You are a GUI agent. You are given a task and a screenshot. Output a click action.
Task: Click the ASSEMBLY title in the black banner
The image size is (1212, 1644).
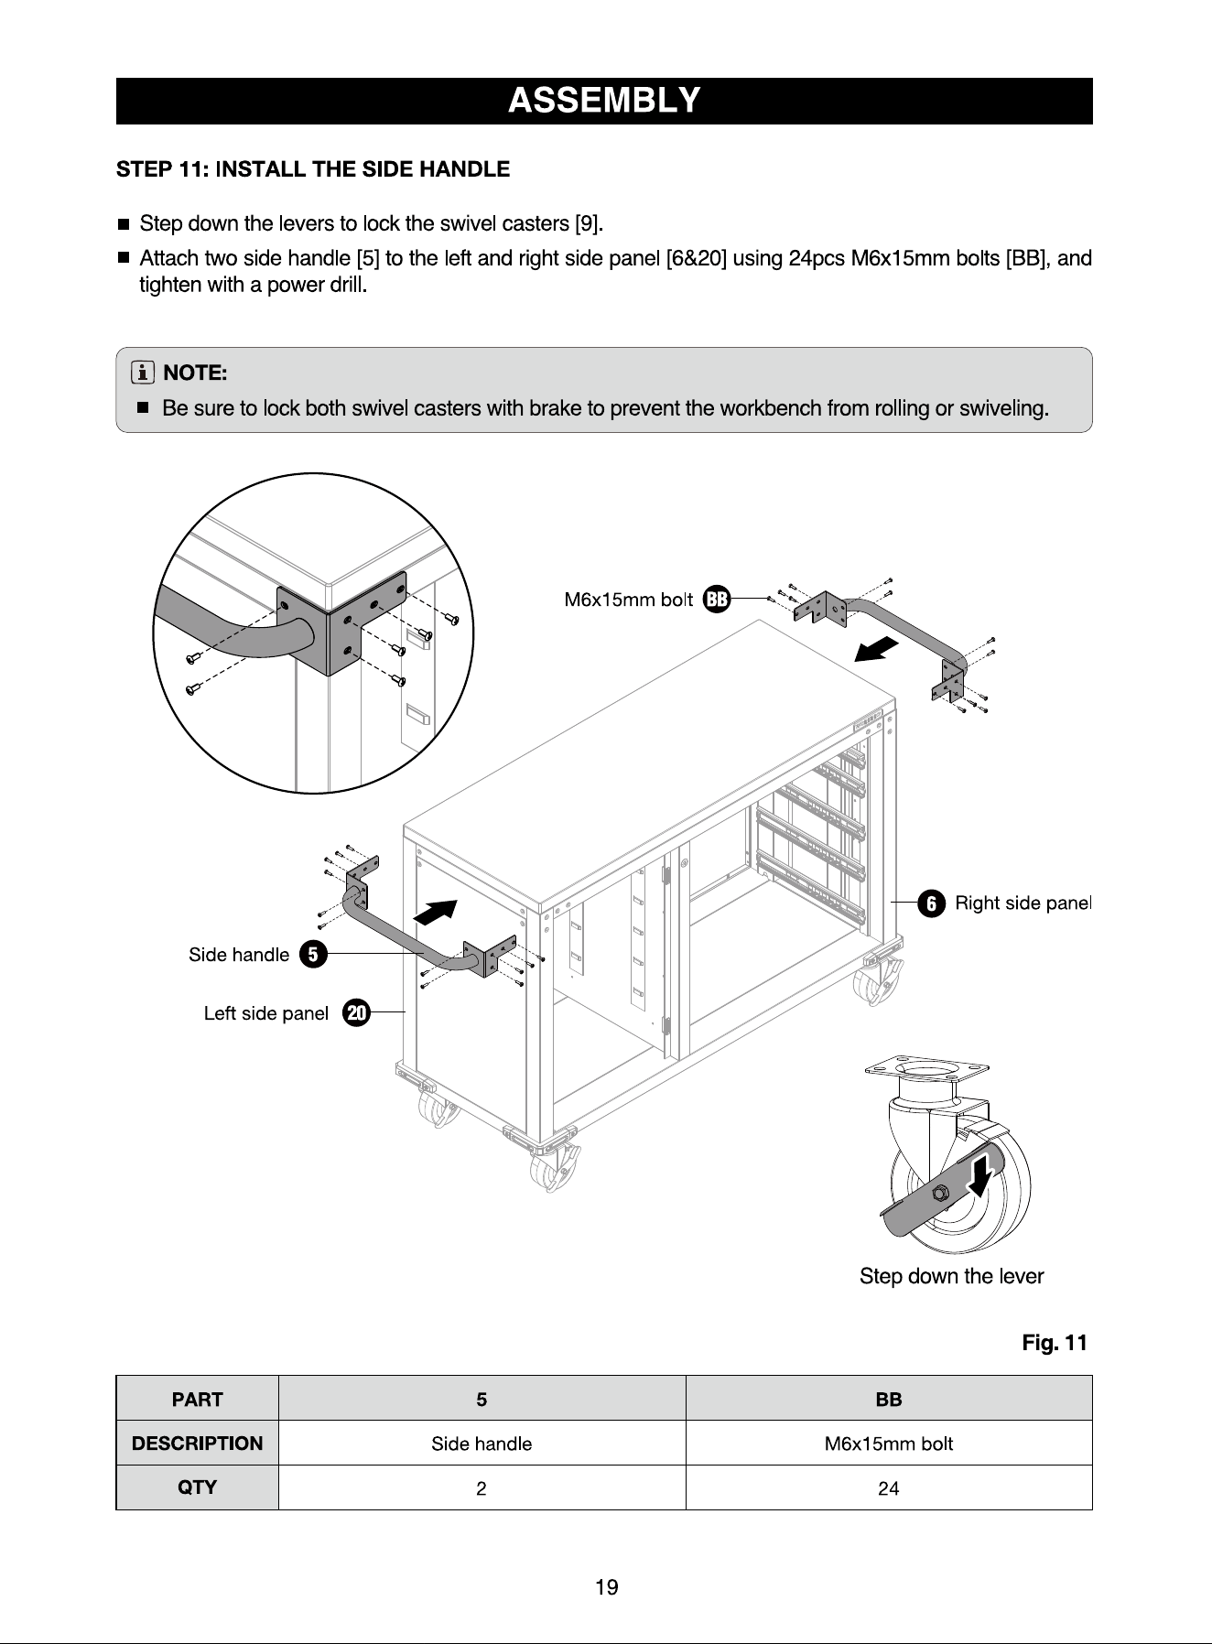click(x=604, y=100)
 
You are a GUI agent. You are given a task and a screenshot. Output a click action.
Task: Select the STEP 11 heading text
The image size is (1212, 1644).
click(x=313, y=169)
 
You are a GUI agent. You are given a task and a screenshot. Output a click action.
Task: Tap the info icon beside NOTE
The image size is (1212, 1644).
click(x=143, y=373)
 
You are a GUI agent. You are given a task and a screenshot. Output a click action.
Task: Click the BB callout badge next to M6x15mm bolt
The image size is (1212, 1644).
click(x=717, y=600)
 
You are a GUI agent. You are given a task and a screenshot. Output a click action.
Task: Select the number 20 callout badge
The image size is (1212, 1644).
click(x=356, y=1012)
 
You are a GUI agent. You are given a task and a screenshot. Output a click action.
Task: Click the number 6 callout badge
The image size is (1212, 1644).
click(x=931, y=903)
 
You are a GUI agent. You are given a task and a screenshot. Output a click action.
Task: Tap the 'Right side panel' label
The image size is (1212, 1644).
click(x=1023, y=903)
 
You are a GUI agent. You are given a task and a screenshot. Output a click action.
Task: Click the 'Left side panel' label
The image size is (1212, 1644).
click(x=266, y=1013)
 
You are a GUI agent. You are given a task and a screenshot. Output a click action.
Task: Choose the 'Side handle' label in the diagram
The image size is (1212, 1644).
click(x=239, y=955)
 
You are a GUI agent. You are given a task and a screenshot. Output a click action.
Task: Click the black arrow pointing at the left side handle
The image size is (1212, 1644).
click(x=436, y=912)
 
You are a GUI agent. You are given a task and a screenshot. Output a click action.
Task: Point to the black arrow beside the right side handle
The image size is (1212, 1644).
click(x=876, y=649)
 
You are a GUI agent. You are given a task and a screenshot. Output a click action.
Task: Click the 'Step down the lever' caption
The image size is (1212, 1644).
click(x=951, y=1276)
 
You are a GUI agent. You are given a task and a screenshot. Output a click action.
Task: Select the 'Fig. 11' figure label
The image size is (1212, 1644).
click(x=1055, y=1343)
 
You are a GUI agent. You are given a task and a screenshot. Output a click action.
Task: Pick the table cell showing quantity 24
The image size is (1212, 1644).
click(x=889, y=1487)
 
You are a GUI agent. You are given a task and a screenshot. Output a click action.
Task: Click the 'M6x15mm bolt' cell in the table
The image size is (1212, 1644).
click(x=889, y=1444)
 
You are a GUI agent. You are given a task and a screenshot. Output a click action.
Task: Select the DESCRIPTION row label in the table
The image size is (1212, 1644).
click(x=197, y=1444)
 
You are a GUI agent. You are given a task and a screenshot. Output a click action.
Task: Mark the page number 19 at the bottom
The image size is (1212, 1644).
click(x=607, y=1587)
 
